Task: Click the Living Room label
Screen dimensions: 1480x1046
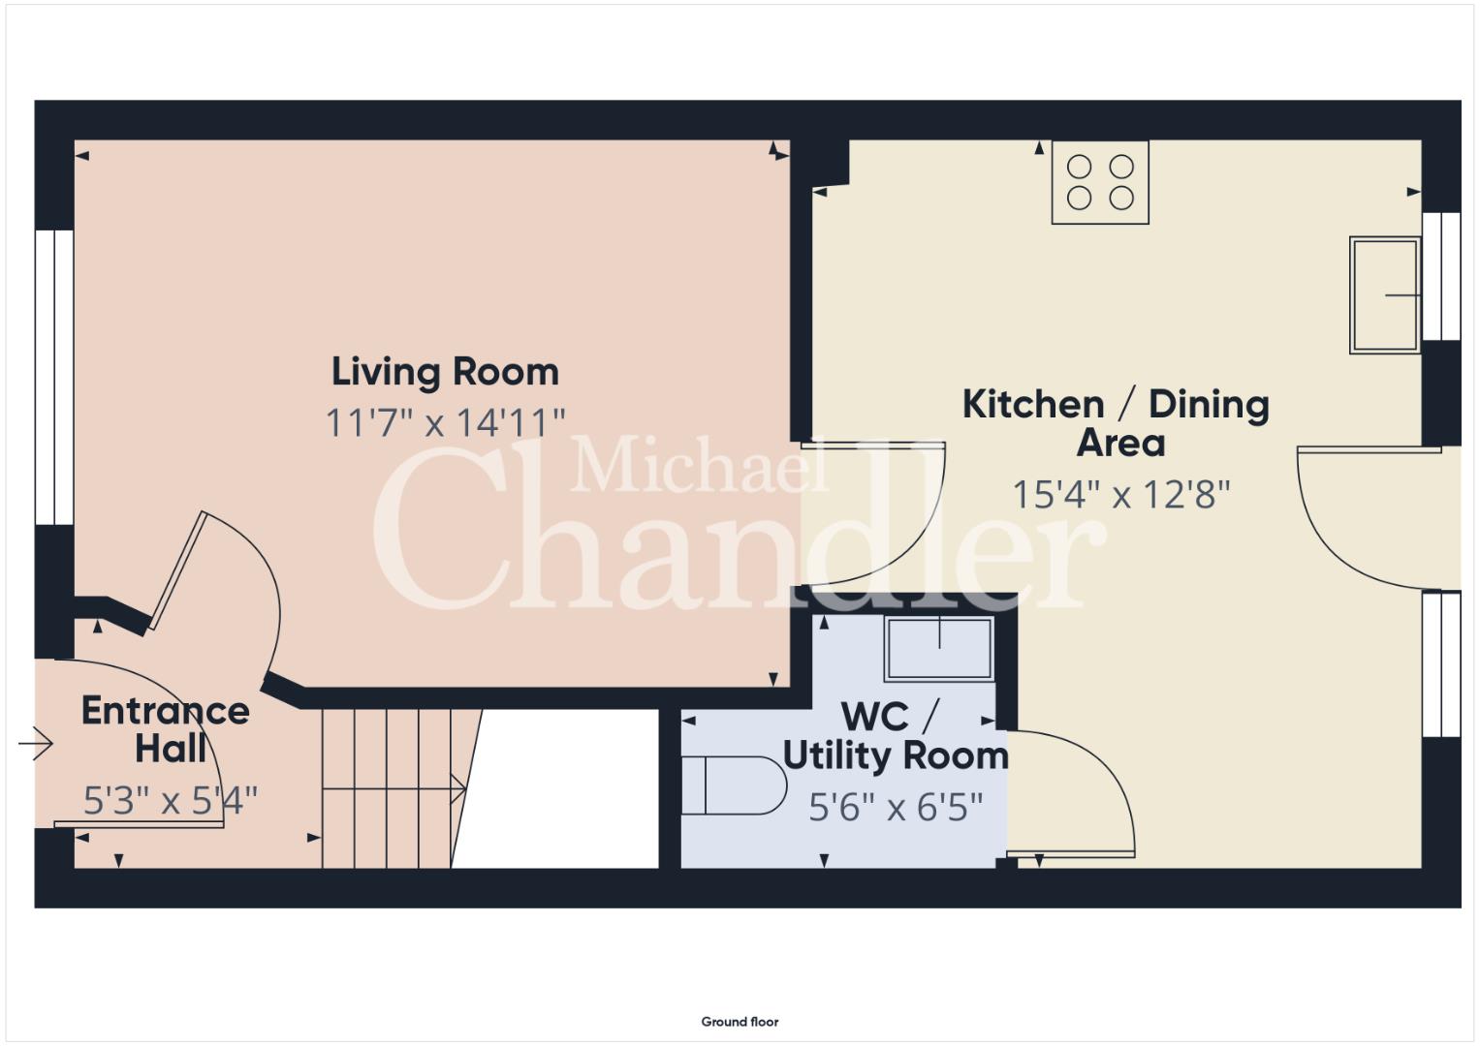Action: pos(445,372)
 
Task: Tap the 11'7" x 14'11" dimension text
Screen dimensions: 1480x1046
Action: pos(445,422)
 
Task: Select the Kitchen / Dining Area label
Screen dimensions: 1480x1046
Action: pos(1116,423)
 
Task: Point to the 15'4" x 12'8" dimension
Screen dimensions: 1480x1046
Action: pos(1121,495)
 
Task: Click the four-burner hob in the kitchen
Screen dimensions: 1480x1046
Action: pos(1100,182)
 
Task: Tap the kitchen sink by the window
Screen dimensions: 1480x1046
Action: pos(1385,295)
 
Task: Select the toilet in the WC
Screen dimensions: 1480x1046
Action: pos(734,785)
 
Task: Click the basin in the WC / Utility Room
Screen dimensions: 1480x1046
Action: pos(939,649)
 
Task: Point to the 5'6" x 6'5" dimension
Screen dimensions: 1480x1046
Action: pos(896,807)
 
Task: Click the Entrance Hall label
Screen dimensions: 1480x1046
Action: pos(166,729)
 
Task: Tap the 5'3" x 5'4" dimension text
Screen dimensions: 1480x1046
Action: pos(170,801)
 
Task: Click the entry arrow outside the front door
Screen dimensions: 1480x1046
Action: pos(36,745)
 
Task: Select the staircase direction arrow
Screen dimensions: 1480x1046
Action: pos(394,789)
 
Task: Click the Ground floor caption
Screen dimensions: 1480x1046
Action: pos(740,1022)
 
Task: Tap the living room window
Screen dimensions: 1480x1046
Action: pos(54,377)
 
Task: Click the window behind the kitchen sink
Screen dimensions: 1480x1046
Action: pos(1441,276)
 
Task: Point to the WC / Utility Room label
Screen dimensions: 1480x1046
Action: pos(896,736)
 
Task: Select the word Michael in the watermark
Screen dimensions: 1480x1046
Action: pos(699,464)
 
